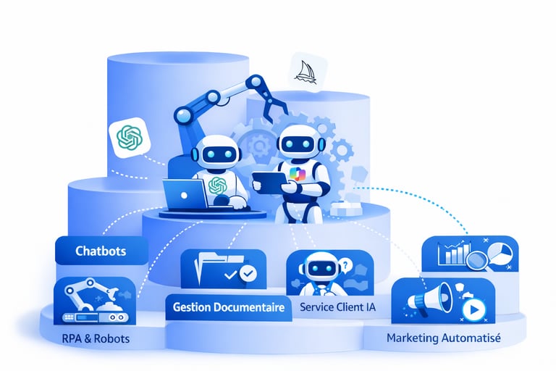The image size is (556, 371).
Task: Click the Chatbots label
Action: tap(101, 251)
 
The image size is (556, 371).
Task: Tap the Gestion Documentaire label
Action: tap(228, 307)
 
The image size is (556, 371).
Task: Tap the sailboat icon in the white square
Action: tap(305, 70)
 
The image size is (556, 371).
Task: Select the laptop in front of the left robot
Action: tap(184, 193)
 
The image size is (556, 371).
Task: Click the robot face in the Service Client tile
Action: tap(319, 268)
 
